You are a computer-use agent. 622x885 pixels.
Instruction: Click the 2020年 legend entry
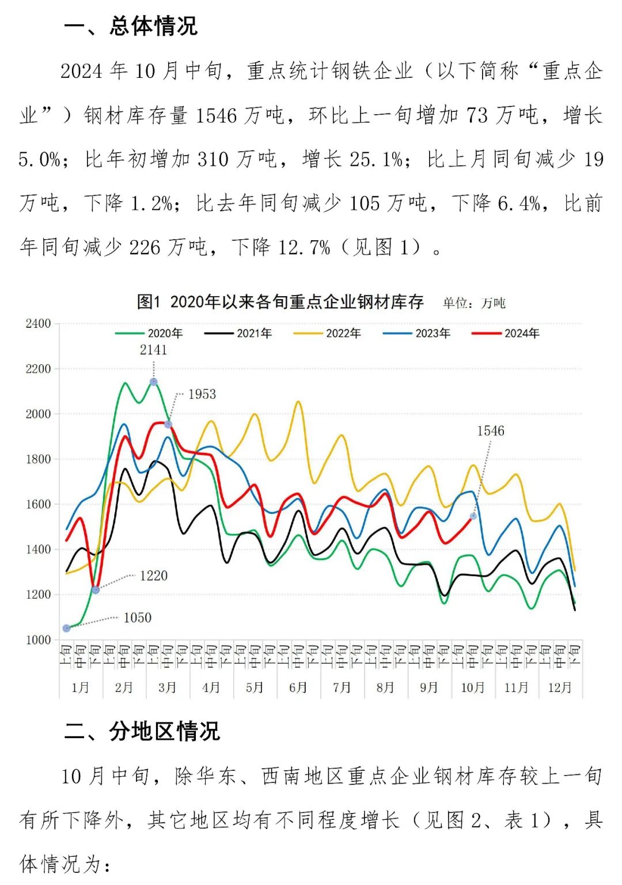tap(150, 334)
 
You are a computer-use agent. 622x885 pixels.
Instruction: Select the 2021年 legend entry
tap(239, 334)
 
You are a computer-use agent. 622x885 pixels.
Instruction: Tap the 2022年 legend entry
tap(328, 334)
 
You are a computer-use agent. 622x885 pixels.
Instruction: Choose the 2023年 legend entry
tap(418, 334)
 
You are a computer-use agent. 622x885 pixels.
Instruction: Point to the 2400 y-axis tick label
tap(38, 324)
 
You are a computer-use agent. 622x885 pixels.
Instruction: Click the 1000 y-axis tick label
tap(38, 640)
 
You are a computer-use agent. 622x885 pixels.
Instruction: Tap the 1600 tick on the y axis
tap(38, 504)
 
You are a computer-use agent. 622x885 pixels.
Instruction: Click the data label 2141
tap(153, 350)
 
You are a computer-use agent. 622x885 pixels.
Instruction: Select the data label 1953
tap(202, 394)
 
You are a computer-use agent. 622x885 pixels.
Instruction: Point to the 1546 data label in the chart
tap(491, 431)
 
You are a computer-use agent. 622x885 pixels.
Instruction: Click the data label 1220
tap(154, 576)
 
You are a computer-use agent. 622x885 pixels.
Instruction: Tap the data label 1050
tap(138, 618)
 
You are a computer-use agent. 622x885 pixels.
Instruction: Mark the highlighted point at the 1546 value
tap(473, 516)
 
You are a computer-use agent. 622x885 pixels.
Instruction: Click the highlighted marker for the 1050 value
tap(67, 628)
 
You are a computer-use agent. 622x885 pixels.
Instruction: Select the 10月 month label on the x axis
tap(473, 687)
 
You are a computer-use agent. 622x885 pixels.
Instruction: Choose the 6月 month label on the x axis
tap(298, 687)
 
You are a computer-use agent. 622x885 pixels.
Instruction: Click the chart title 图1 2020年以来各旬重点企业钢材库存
tap(280, 302)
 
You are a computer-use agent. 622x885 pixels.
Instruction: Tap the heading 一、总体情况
tap(131, 26)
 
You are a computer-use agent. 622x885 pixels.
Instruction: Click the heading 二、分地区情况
tap(142, 731)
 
